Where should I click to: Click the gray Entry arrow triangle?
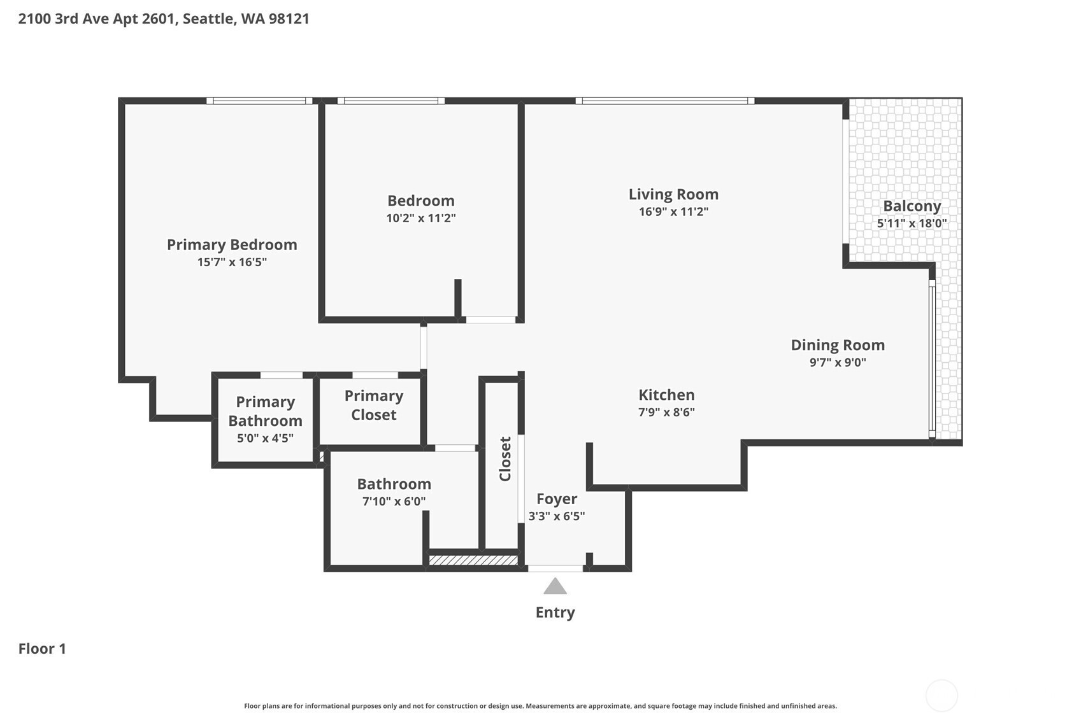555,586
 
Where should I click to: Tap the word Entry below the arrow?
555,612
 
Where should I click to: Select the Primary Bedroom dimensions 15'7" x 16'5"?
232,262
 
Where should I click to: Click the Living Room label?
674,194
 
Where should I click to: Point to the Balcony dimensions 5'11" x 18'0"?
912,223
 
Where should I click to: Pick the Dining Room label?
838,345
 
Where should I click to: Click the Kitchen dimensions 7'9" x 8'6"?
666,412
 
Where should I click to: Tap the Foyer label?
557,498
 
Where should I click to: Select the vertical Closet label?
505,458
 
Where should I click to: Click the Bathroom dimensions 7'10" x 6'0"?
394,501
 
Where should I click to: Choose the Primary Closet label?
374,405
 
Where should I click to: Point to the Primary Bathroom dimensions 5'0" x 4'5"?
266,438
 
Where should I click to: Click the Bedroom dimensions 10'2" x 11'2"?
421,218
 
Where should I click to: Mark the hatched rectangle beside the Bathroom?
473,560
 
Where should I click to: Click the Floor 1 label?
42,649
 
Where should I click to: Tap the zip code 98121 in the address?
289,19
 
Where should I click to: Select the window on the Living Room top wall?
665,101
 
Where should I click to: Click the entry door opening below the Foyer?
555,568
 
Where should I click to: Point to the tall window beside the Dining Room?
933,359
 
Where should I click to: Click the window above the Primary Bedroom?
260,101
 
